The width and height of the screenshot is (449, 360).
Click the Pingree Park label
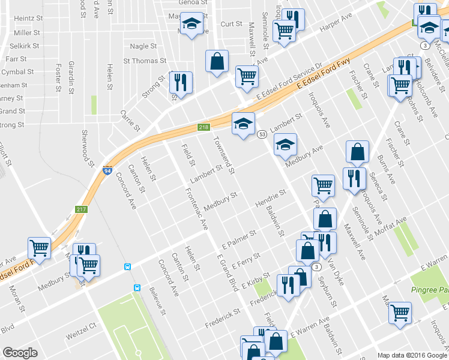pos(429,290)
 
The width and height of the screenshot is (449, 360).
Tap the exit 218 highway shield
pos(203,127)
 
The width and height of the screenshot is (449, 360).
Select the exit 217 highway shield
pos(81,209)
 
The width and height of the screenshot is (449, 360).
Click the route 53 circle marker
pos(262,135)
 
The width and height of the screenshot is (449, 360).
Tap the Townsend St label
pos(223,157)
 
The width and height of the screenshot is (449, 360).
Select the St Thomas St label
pos(145,61)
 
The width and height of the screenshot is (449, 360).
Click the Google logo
pos(20,352)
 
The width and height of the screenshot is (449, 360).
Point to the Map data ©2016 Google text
pos(412,355)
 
